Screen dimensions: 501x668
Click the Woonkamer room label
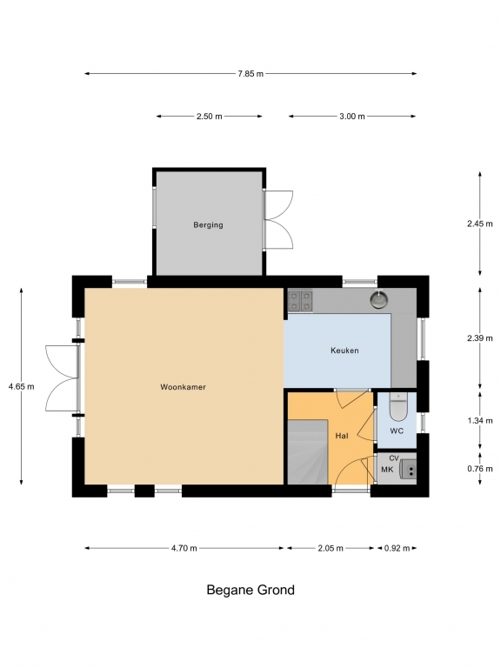(183, 387)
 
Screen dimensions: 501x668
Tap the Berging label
(209, 225)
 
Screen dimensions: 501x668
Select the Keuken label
(344, 351)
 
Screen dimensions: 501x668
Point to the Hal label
(342, 436)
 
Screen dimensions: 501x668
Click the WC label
(397, 431)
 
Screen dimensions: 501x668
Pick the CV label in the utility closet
(394, 458)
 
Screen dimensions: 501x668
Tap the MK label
(387, 470)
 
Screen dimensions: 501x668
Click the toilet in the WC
(398, 407)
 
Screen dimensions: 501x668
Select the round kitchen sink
(378, 298)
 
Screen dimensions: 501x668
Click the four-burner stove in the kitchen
(300, 300)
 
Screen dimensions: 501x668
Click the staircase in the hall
(308, 452)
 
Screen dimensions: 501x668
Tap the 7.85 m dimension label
(250, 74)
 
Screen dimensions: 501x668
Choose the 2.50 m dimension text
(209, 117)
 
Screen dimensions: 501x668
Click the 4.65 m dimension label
(21, 387)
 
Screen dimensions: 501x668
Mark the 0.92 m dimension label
(397, 548)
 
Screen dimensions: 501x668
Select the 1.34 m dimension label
(480, 420)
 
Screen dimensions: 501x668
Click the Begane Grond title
(250, 590)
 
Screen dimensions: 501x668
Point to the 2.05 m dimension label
(331, 548)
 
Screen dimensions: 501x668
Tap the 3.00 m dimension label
(352, 117)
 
